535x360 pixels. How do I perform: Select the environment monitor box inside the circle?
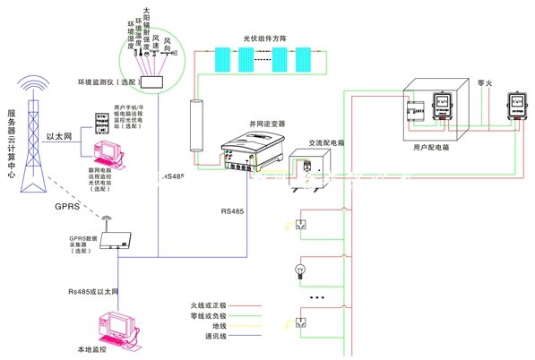click(160, 81)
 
